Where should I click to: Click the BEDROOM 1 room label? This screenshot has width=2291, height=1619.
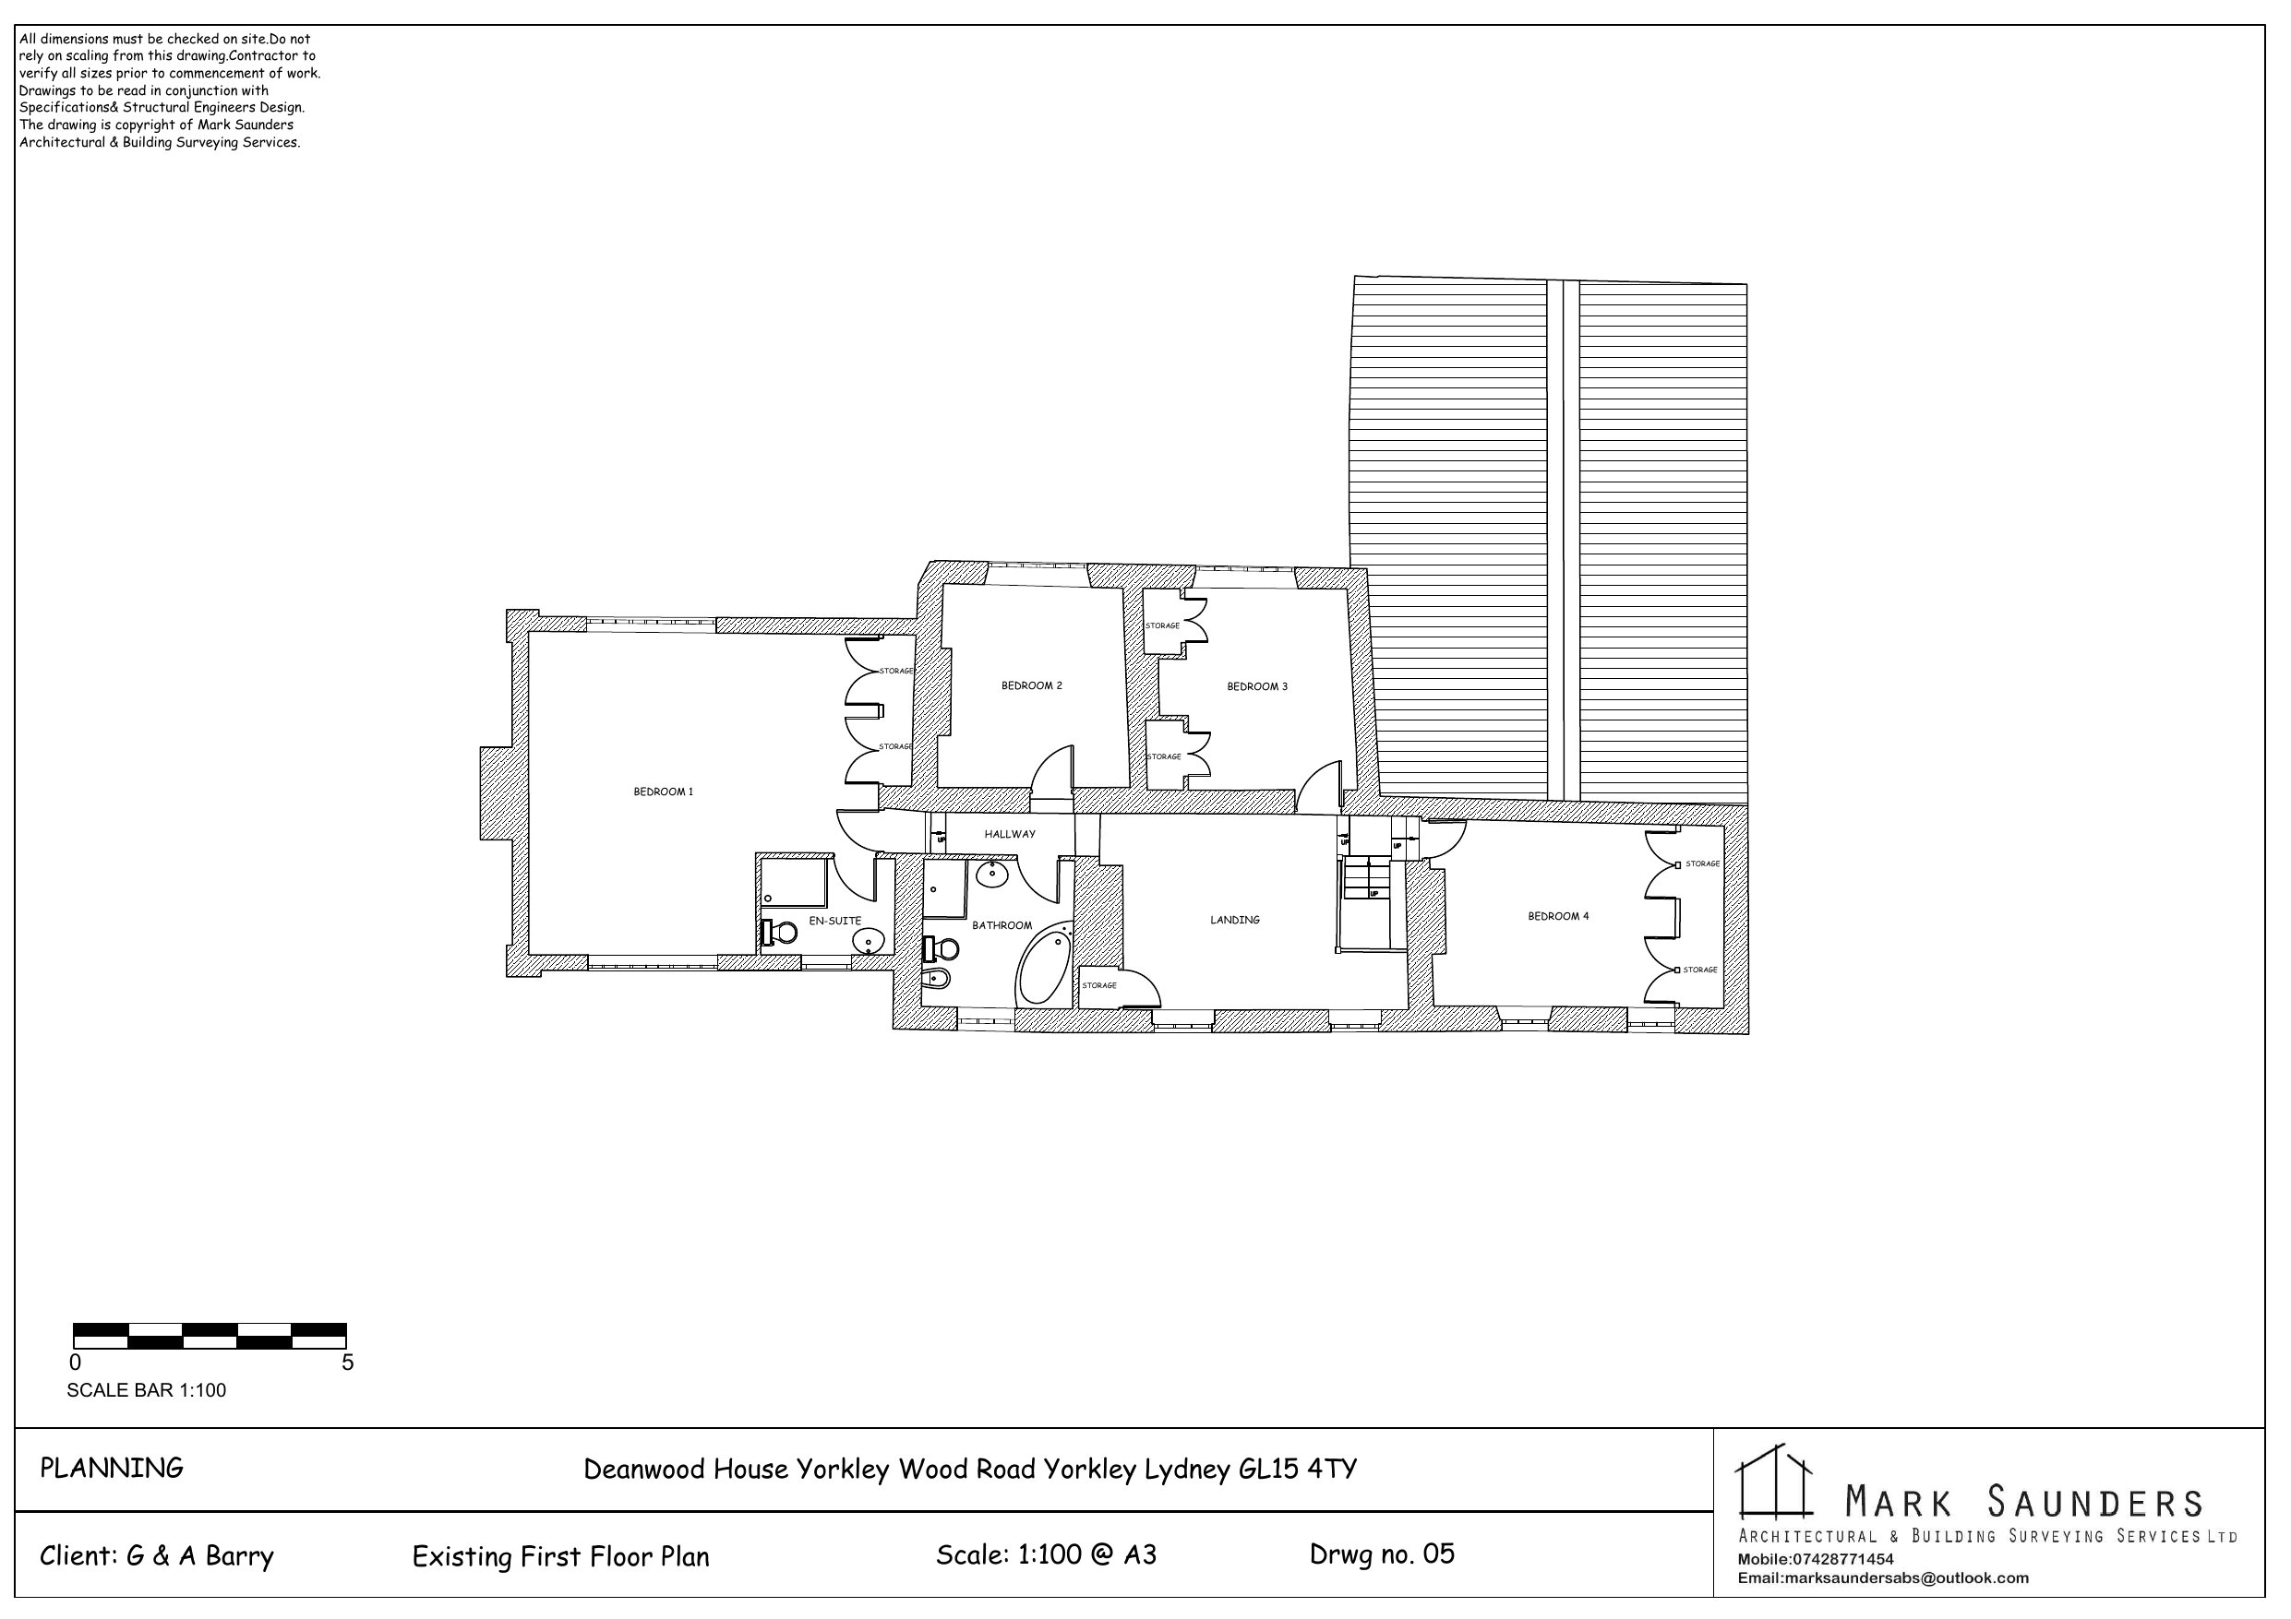[664, 792]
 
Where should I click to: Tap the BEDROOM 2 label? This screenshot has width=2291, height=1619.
[1032, 685]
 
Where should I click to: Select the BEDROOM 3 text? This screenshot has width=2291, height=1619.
[1257, 686]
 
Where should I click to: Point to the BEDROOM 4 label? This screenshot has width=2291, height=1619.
[1559, 916]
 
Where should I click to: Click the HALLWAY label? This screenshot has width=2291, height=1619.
[1010, 834]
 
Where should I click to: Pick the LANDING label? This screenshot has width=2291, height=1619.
[1235, 920]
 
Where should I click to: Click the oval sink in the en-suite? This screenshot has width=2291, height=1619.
[870, 940]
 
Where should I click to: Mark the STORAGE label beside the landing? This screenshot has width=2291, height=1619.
[1099, 985]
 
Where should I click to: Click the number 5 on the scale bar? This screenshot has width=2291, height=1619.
[347, 1363]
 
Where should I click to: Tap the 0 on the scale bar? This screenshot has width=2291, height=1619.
[76, 1363]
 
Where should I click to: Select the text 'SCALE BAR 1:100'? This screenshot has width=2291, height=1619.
[147, 1390]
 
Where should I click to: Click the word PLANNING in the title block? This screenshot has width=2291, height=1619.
[112, 1469]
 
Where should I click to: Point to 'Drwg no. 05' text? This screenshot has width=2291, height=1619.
[1382, 1554]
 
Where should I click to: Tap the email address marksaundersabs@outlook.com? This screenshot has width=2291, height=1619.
[1883, 1578]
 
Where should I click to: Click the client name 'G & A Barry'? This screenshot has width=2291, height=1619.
[199, 1556]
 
